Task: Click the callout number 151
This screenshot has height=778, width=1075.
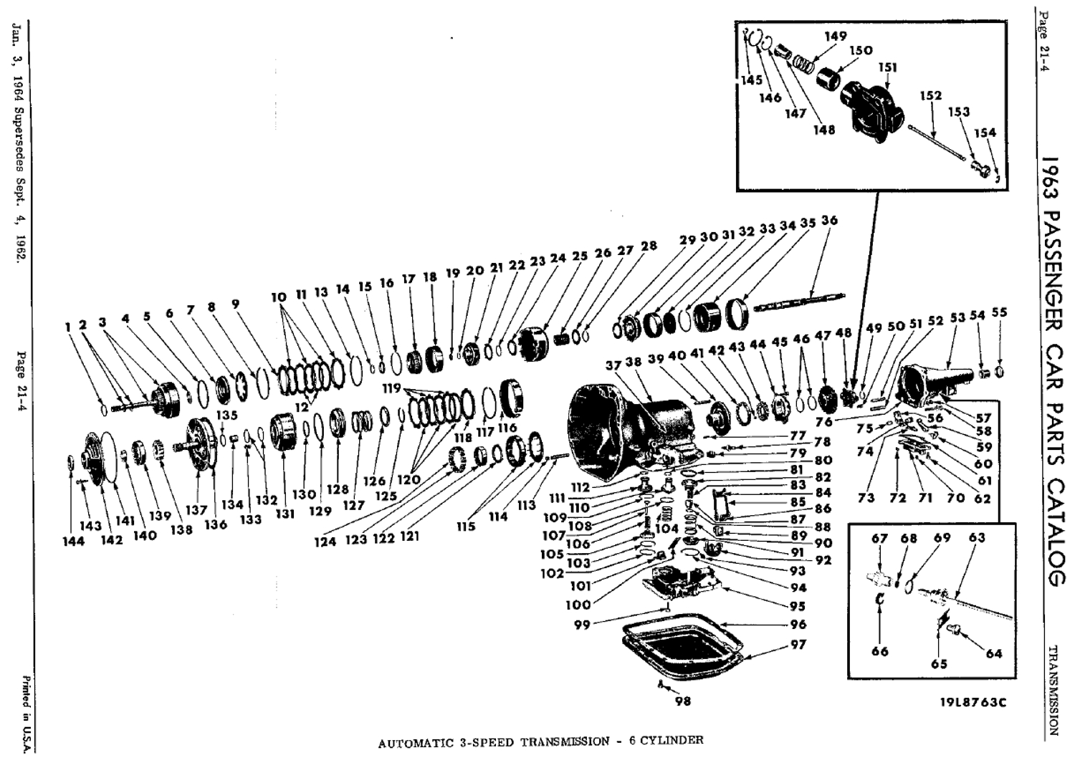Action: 887,68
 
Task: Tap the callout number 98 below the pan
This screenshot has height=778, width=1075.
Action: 683,701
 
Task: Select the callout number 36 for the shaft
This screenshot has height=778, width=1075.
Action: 829,221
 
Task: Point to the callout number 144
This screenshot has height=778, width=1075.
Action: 73,541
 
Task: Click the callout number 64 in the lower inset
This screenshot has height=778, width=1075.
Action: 993,653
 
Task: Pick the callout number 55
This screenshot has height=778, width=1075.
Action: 999,312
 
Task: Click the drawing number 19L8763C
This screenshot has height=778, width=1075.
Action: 973,702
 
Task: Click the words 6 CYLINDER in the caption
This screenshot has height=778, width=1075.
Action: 666,740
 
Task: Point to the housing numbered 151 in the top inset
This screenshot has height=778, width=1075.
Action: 871,107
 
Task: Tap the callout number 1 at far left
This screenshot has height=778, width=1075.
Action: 68,327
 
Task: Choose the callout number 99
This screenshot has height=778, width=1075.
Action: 582,625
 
